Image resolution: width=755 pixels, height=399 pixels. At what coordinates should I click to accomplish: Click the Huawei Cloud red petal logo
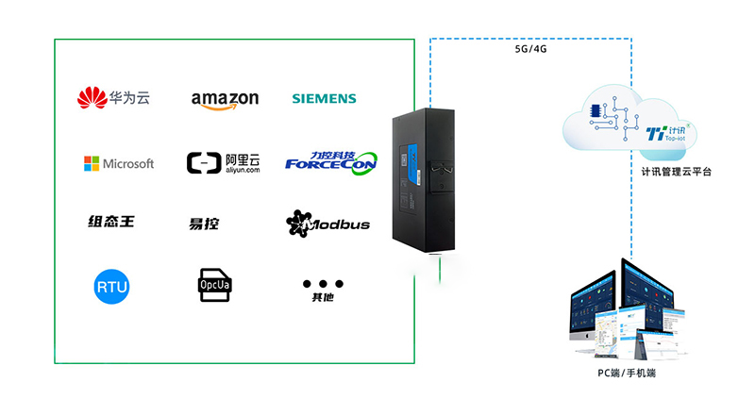pyautogui.click(x=92, y=97)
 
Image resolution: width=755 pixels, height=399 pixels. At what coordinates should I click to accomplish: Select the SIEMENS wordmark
pyautogui.click(x=324, y=98)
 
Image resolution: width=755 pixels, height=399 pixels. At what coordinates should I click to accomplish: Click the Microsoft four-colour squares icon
pyautogui.click(x=91, y=163)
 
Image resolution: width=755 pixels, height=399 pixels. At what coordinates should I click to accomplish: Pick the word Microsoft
pyautogui.click(x=128, y=163)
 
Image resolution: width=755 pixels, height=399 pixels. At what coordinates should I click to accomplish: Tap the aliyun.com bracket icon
pyautogui.click(x=202, y=163)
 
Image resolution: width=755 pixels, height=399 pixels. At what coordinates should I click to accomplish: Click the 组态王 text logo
pyautogui.click(x=110, y=222)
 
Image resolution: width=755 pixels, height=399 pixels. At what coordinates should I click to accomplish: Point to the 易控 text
pyautogui.click(x=204, y=224)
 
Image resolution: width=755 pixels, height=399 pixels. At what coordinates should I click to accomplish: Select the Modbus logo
pyautogui.click(x=327, y=224)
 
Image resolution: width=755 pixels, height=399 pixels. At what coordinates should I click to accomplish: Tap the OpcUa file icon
pyautogui.click(x=210, y=284)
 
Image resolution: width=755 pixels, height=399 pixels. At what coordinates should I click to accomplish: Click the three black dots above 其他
pyautogui.click(x=323, y=283)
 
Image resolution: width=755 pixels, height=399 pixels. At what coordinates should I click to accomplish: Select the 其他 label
pyautogui.click(x=323, y=298)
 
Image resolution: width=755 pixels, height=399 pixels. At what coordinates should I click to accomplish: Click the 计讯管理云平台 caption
pyautogui.click(x=669, y=172)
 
